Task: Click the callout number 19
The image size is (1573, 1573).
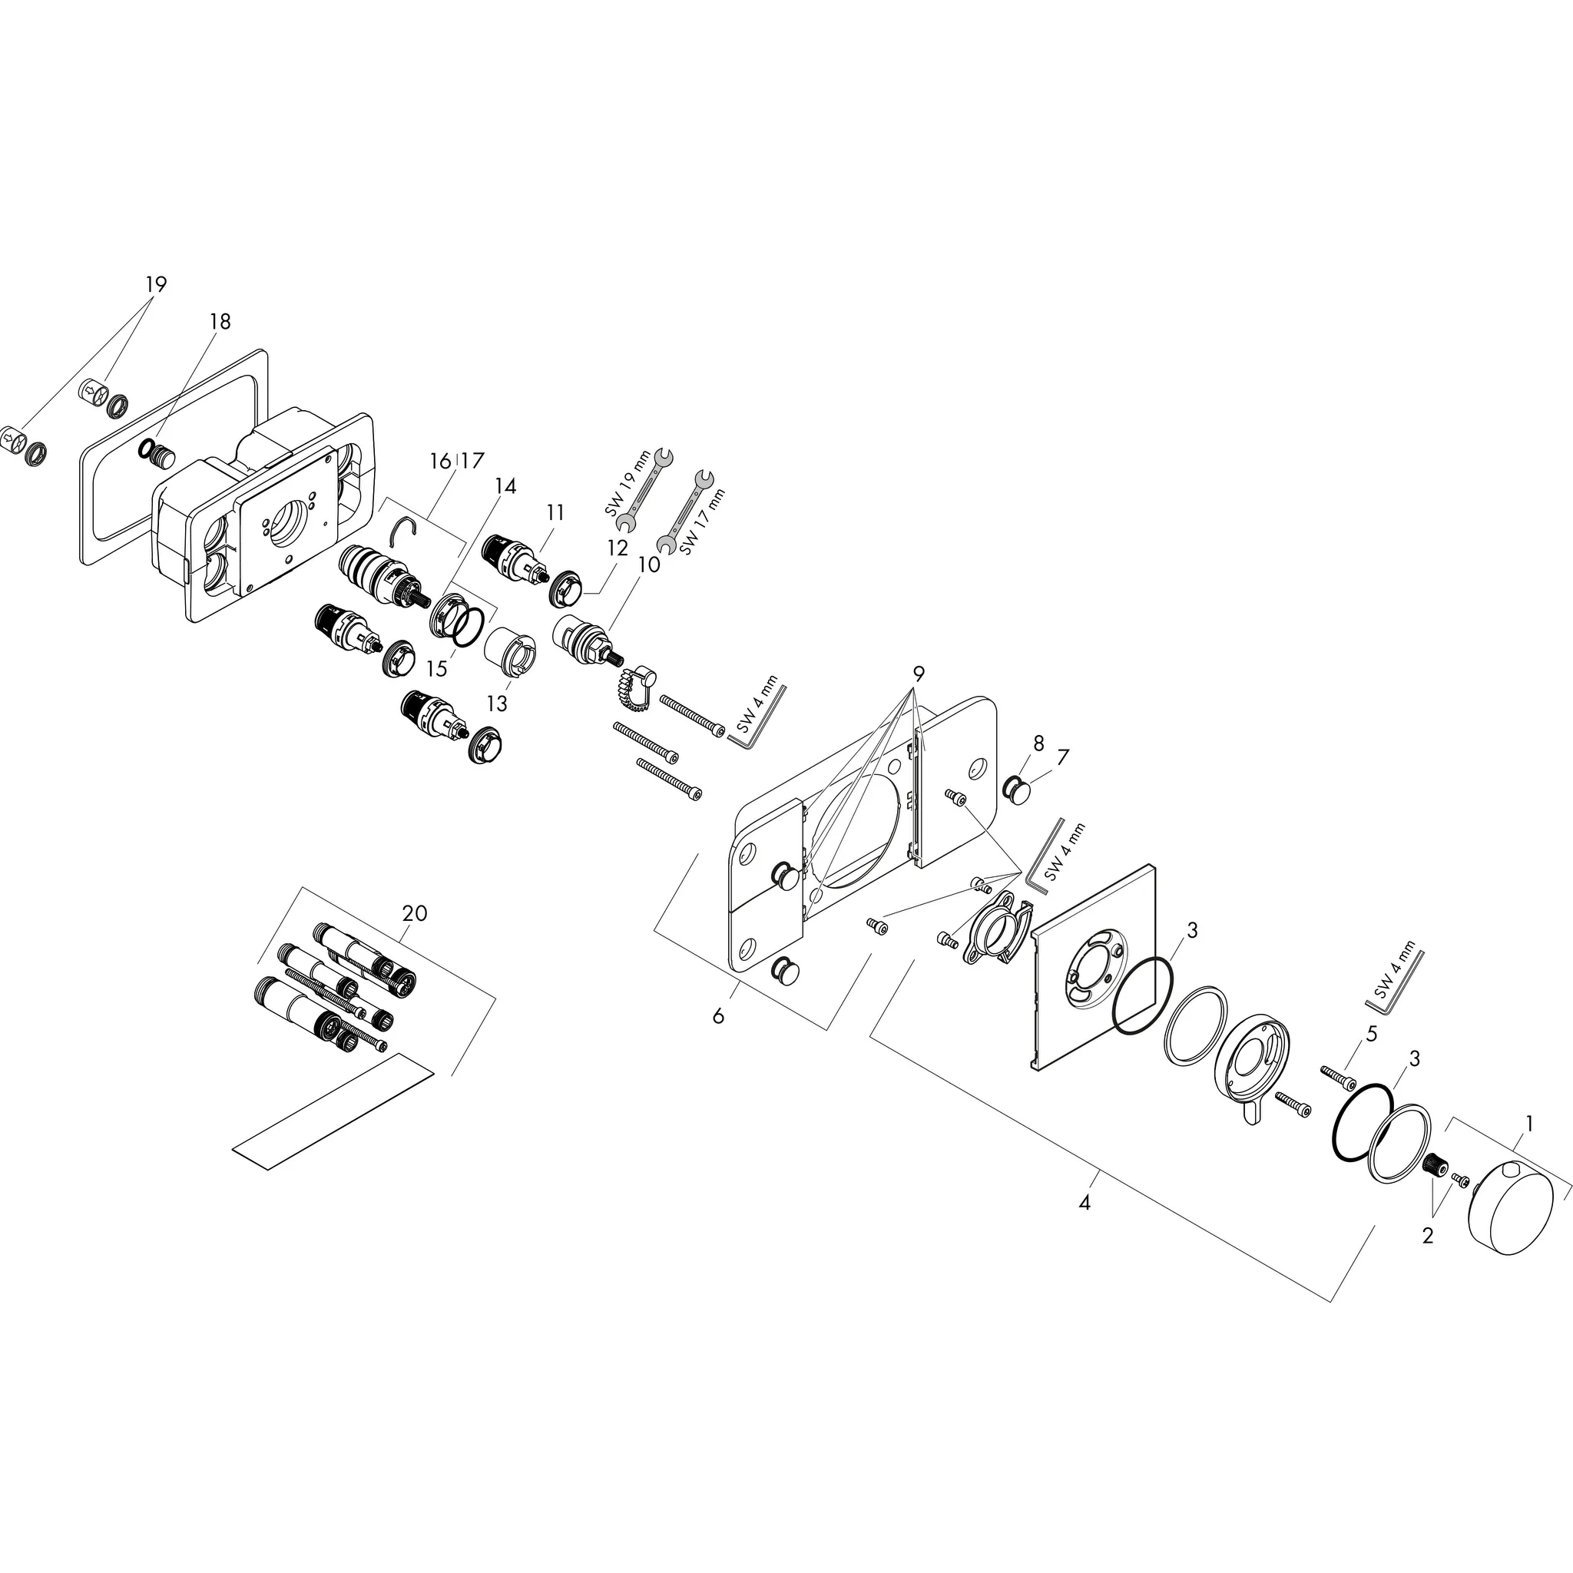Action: tap(155, 284)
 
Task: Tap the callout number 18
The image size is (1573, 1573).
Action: tap(220, 322)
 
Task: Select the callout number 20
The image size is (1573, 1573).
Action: tap(415, 913)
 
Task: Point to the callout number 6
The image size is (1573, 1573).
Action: tap(718, 1015)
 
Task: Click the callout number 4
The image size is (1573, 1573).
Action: tap(1084, 1202)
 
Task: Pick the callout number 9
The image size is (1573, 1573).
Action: tap(919, 674)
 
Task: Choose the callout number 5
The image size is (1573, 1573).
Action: tap(1372, 1035)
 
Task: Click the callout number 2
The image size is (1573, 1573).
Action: tap(1427, 1236)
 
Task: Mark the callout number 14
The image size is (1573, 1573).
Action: tap(505, 486)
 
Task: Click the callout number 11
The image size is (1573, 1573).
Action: tap(555, 512)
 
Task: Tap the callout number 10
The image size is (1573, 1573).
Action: tap(649, 564)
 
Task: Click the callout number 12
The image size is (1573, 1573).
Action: tap(618, 548)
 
